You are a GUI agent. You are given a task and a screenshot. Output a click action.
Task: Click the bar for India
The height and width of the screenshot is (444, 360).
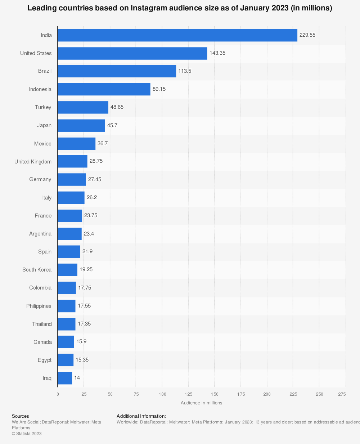(177, 35)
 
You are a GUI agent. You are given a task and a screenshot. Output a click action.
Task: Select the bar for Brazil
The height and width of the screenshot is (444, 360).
(117, 71)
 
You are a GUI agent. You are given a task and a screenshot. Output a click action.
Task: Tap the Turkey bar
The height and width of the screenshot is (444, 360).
(83, 107)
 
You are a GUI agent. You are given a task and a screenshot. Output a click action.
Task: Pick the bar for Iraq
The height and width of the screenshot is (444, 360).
(65, 378)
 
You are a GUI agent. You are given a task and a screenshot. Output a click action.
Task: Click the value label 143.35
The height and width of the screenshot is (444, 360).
(217, 53)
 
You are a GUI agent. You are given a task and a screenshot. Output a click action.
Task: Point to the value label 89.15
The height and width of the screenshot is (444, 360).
(159, 89)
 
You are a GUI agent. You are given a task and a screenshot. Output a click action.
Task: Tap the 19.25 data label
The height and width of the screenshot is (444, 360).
(86, 269)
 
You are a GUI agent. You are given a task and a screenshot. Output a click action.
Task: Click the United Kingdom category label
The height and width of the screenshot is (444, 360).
(33, 162)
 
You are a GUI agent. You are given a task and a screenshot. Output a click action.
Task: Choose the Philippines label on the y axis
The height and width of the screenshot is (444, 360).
(39, 306)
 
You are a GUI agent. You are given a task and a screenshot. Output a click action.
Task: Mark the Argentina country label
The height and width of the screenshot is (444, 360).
(40, 234)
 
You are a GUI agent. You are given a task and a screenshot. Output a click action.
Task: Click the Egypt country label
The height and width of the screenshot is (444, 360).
(45, 360)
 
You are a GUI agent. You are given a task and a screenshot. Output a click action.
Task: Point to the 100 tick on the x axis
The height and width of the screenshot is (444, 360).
(162, 394)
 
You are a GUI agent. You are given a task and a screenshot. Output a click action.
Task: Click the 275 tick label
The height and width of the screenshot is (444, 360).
(342, 394)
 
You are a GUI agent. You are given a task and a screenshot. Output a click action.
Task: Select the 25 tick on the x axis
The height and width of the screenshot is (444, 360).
(84, 394)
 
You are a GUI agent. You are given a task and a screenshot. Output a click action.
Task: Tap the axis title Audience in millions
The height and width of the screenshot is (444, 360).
(201, 403)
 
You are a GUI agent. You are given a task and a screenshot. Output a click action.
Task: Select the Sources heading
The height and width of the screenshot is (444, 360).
(20, 416)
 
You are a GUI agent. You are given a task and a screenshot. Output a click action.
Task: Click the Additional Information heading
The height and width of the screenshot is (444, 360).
(141, 416)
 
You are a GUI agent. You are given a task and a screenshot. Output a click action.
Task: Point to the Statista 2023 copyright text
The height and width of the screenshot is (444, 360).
(27, 434)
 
